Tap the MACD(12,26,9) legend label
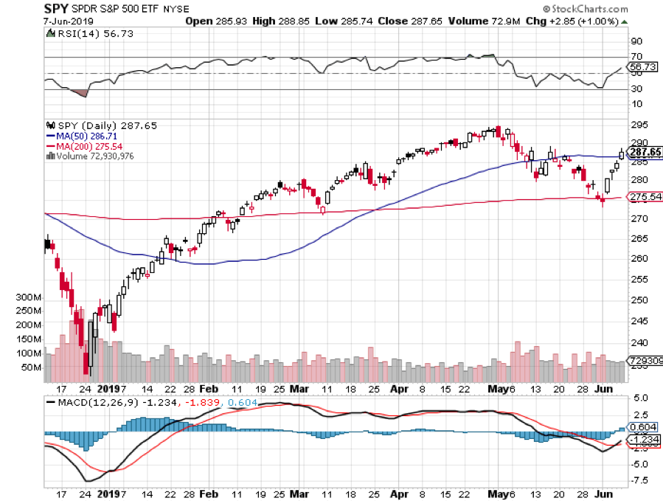[85, 402]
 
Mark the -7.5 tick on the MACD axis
[639, 480]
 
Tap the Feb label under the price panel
[209, 388]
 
